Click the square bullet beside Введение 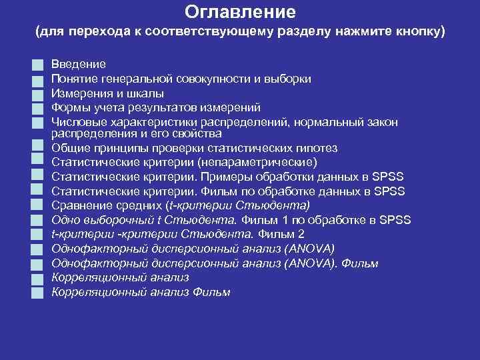(39, 65)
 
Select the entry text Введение (79, 65)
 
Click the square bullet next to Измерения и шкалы (39, 94)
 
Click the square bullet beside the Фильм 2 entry (39, 235)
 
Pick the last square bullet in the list (39, 292)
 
